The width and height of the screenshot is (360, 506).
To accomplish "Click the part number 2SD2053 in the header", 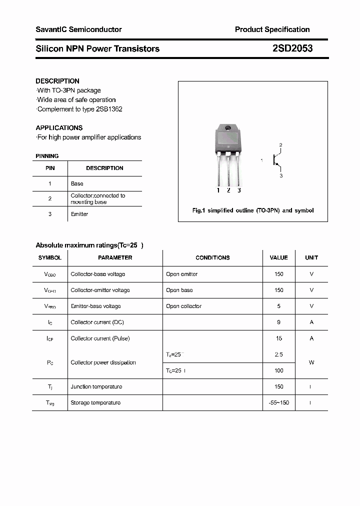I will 292,48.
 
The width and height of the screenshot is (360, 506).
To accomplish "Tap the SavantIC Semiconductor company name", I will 78,29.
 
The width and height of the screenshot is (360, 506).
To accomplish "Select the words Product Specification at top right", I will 272,29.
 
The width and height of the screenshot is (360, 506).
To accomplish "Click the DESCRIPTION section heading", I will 57,81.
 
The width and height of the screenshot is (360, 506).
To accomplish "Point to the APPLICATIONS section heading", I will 59,127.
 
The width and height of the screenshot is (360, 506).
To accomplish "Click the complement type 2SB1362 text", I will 108,109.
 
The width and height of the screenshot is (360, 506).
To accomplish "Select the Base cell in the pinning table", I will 77,183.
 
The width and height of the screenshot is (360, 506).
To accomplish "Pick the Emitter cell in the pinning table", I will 79,214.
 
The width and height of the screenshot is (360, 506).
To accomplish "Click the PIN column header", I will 50,168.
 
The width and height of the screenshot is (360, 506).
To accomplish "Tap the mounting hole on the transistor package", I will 228,128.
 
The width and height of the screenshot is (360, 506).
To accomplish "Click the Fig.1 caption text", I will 253,210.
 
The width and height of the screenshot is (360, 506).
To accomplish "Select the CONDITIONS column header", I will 212,257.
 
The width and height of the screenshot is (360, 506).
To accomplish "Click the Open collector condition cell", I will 183,306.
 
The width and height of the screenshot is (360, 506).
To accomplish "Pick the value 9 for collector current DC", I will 278,322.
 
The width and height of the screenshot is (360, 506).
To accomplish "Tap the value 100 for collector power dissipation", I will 278,370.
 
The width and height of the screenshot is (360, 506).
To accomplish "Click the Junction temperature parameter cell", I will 96,386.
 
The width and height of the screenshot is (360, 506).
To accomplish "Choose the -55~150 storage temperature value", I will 278,402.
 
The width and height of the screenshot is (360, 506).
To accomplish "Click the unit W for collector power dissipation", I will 311,362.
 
